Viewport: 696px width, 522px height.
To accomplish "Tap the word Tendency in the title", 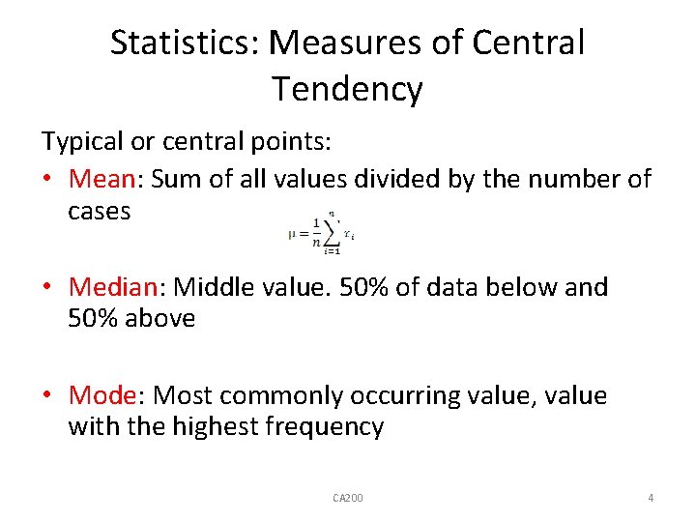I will pyautogui.click(x=347, y=89).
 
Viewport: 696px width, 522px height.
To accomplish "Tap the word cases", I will pyautogui.click(x=99, y=211).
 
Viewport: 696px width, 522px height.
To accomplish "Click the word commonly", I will pyautogui.click(x=295, y=395).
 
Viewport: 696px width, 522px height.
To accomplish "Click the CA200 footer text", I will pyautogui.click(x=347, y=498).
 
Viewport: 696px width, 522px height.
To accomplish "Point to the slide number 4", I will pyautogui.click(x=651, y=498).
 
